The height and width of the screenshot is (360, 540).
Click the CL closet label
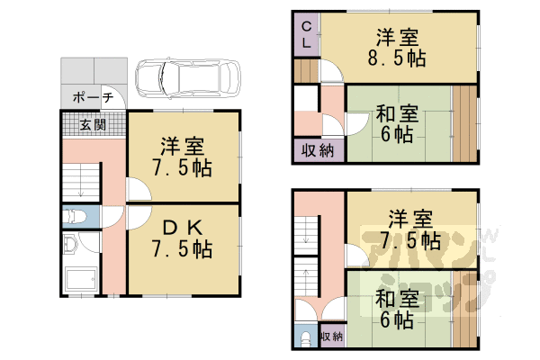306,34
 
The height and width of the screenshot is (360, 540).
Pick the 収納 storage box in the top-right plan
314,150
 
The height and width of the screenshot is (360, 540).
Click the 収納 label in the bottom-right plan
331,336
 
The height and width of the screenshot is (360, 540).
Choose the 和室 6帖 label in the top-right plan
396,124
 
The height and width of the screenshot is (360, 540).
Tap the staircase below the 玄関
81,184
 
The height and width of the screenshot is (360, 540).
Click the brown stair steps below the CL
306,71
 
